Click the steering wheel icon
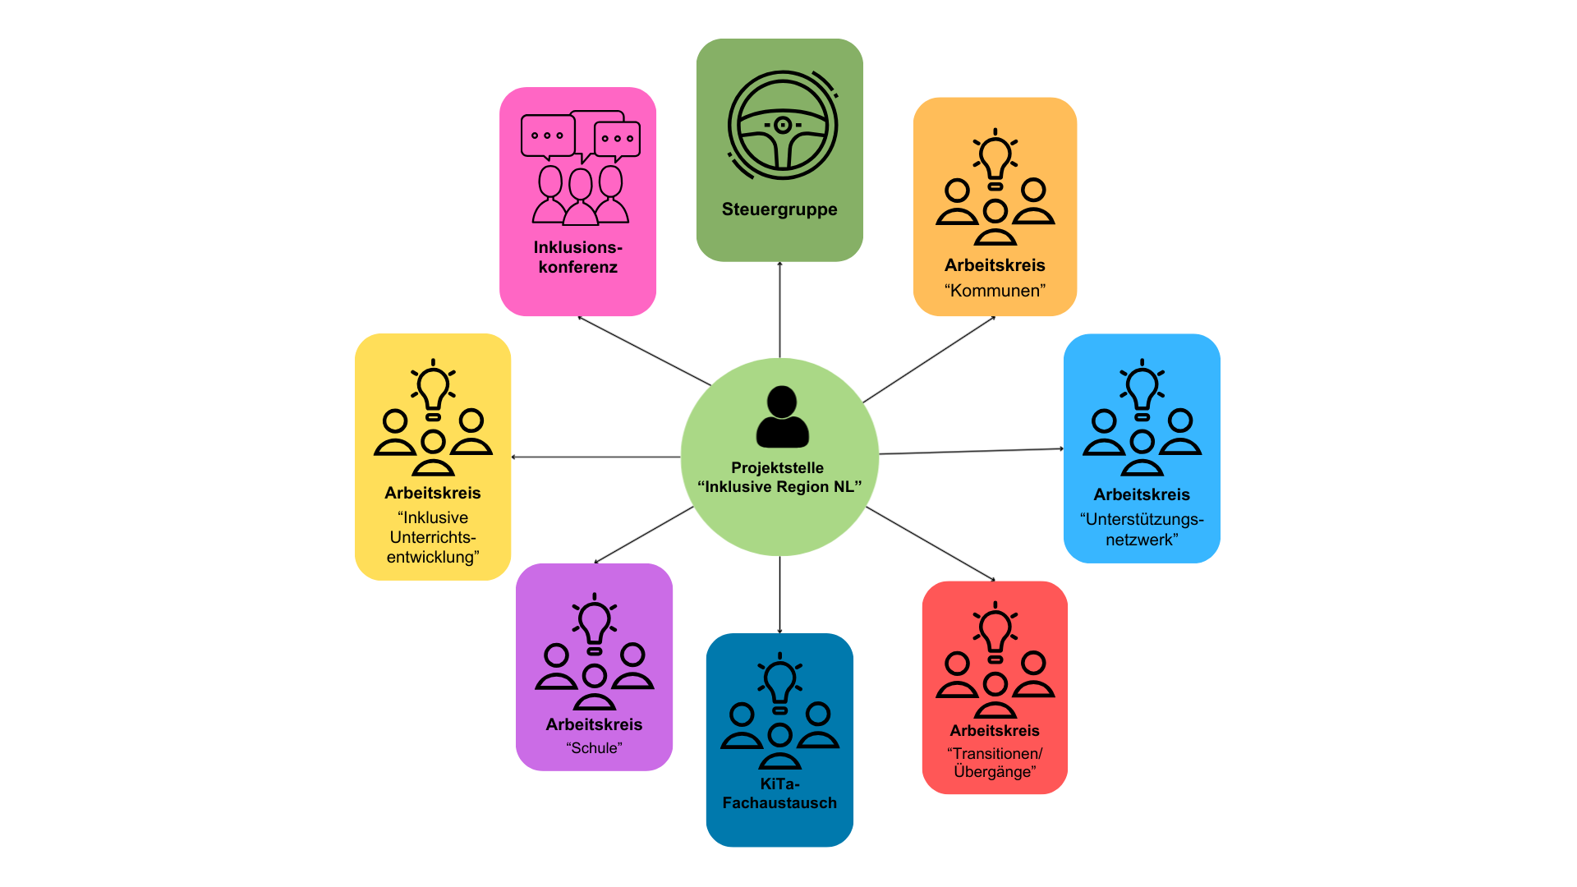[782, 126]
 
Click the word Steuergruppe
[779, 209]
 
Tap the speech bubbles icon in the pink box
[580, 136]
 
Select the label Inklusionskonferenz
[578, 257]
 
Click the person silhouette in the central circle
[782, 416]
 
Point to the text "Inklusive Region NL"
[779, 487]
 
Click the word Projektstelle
[777, 467]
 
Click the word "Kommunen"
[995, 291]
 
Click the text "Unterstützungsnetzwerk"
[1142, 530]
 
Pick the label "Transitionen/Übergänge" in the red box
[995, 762]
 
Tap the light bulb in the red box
[995, 631]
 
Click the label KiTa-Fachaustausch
[779, 793]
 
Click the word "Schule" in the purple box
[594, 748]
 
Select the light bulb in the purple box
[594, 622]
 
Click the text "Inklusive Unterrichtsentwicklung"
[433, 537]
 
